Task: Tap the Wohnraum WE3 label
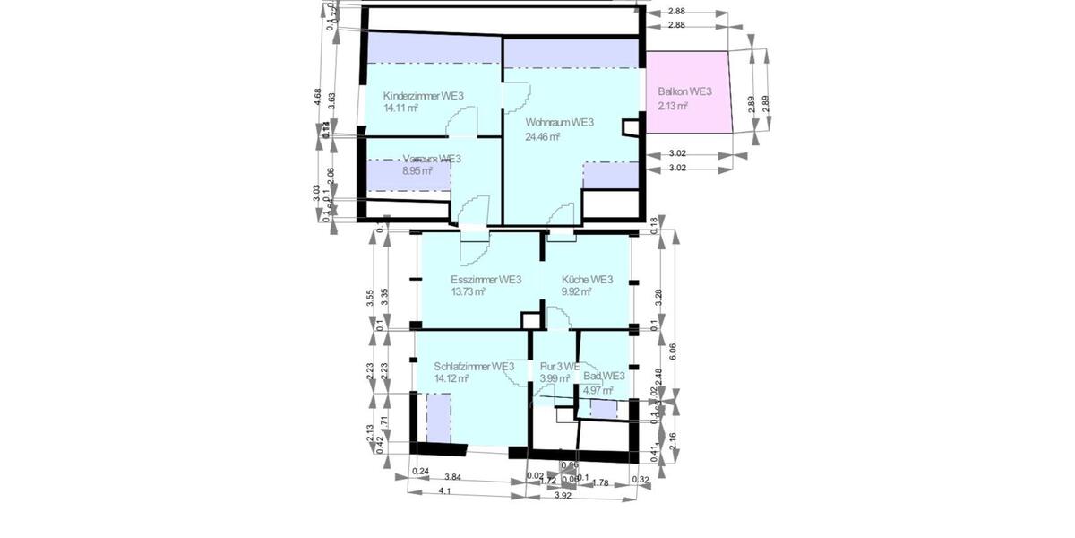560,123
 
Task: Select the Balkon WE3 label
684,92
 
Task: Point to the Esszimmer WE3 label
486,280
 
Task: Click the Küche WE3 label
587,280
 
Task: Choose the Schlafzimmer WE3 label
473,367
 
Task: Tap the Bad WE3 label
604,377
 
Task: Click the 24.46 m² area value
543,137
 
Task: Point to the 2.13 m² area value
672,106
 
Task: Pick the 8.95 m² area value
417,170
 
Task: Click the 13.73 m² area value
469,292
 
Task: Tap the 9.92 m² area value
577,292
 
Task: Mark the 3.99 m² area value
555,379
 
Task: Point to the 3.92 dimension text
563,495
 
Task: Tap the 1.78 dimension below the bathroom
600,483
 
